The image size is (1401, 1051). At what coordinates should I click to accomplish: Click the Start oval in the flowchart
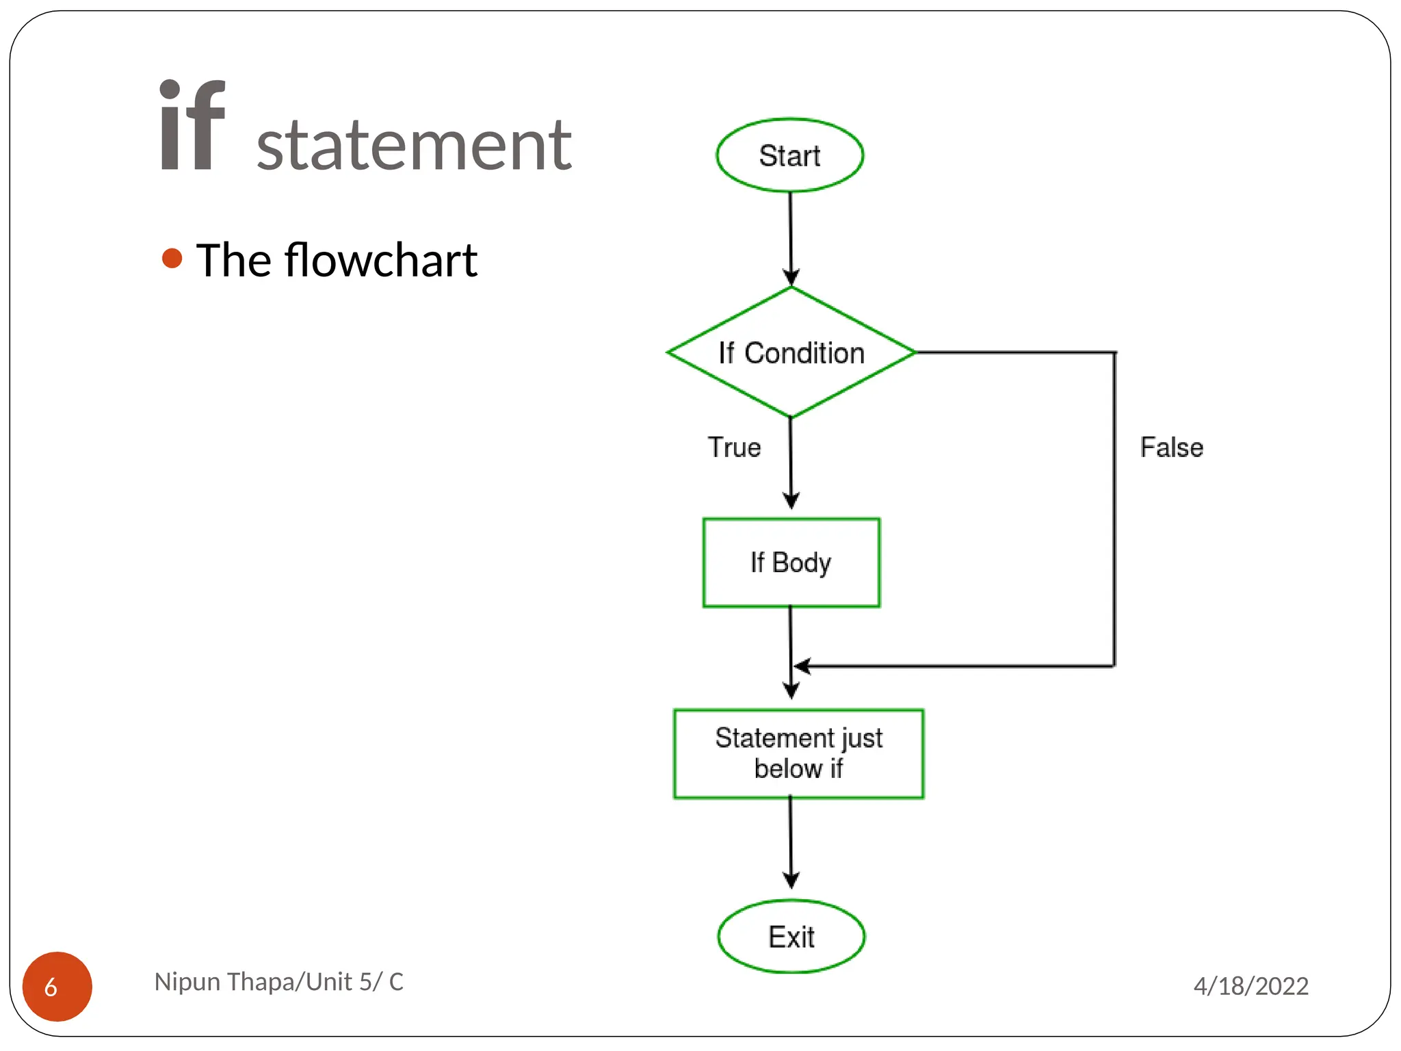pyautogui.click(x=790, y=155)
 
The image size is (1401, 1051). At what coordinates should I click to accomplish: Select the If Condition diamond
pyautogui.click(x=791, y=353)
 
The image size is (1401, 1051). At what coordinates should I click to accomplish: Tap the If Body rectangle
pyautogui.click(x=791, y=562)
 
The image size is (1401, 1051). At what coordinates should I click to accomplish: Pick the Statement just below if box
pyautogui.click(x=798, y=753)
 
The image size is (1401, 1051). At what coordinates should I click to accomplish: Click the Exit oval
pyautogui.click(x=791, y=937)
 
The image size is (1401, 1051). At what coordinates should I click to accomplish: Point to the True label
pyautogui.click(x=734, y=447)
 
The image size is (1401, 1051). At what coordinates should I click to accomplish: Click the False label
pyautogui.click(x=1171, y=447)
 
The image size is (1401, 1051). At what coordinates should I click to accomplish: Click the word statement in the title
pyautogui.click(x=414, y=145)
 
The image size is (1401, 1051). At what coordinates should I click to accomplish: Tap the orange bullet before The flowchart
pyautogui.click(x=172, y=259)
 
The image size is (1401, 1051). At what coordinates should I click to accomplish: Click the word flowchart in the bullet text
pyautogui.click(x=380, y=261)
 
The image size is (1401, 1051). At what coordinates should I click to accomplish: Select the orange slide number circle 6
pyautogui.click(x=57, y=986)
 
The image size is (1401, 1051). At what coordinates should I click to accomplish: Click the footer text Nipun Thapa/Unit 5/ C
pyautogui.click(x=278, y=982)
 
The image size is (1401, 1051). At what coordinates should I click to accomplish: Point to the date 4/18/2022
pyautogui.click(x=1251, y=986)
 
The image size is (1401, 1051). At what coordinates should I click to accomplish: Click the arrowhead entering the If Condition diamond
pyautogui.click(x=791, y=278)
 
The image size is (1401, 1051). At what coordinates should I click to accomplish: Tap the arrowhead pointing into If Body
pyautogui.click(x=791, y=501)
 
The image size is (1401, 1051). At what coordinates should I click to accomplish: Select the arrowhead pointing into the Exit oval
pyautogui.click(x=791, y=881)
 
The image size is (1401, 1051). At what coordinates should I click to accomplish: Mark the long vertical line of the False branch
pyautogui.click(x=1114, y=510)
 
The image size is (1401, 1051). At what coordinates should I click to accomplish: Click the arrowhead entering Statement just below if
pyautogui.click(x=791, y=691)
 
